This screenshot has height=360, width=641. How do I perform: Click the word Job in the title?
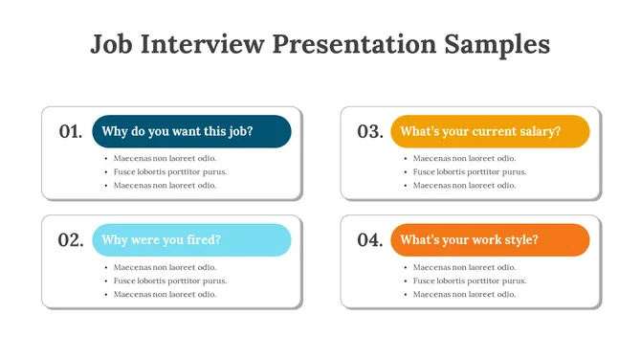112,44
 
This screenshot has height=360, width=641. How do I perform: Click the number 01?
70,132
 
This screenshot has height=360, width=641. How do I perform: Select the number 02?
70,240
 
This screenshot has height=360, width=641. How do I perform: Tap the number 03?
369,132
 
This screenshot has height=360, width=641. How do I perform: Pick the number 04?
369,240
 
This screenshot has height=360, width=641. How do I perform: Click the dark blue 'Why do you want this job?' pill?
191,131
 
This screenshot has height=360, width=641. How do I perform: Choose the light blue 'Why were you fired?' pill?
191,239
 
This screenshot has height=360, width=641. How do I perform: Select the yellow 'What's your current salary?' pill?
490,131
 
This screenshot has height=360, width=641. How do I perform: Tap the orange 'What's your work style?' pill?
490,239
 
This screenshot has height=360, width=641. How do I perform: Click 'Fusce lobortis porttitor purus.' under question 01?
169,172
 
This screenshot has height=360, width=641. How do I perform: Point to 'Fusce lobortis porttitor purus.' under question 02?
169,281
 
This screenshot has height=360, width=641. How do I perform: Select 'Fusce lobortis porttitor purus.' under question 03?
469,172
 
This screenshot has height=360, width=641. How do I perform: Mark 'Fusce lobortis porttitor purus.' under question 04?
469,281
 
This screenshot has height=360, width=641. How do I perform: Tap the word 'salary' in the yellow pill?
539,131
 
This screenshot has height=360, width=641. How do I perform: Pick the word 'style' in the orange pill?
519,239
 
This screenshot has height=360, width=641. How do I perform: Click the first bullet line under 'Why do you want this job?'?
165,159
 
